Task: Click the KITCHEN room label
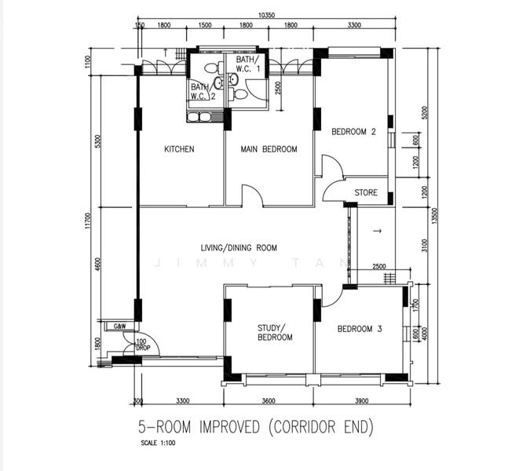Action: pyautogui.click(x=179, y=149)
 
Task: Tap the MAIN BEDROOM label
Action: pyautogui.click(x=269, y=149)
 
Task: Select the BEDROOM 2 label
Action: pyautogui.click(x=353, y=132)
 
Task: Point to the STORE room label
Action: pyautogui.click(x=366, y=192)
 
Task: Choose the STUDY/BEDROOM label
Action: pyautogui.click(x=275, y=332)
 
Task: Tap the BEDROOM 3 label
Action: pyautogui.click(x=359, y=329)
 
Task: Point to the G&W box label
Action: pyautogui.click(x=120, y=326)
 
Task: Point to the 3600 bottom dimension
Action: pyautogui.click(x=269, y=401)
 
